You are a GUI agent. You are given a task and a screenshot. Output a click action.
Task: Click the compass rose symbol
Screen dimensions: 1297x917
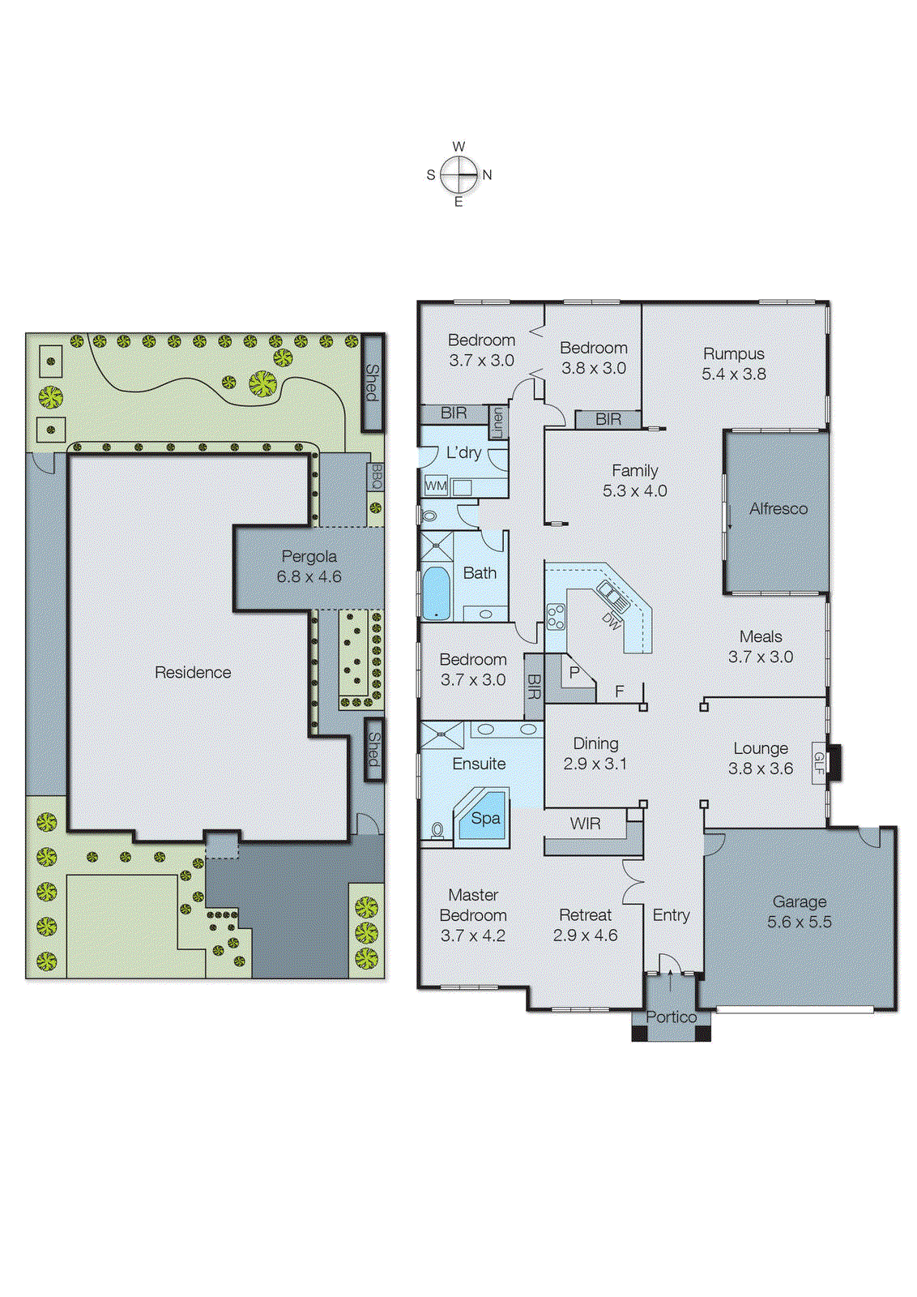[x=459, y=174]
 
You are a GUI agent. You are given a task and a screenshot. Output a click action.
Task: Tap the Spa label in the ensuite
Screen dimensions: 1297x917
[x=485, y=819]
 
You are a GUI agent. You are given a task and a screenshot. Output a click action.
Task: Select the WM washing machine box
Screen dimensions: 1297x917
[x=436, y=486]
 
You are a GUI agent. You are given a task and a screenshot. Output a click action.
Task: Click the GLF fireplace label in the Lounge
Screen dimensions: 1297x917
[x=819, y=763]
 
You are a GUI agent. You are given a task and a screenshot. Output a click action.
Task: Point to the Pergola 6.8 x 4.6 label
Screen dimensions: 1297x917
[x=309, y=567]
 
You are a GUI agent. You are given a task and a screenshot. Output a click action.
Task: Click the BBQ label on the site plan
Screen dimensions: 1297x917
[x=376, y=477]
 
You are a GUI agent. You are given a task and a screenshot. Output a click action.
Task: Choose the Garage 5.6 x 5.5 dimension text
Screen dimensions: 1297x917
[x=799, y=922]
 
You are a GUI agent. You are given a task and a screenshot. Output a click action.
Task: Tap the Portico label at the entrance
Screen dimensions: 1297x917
[x=671, y=1017]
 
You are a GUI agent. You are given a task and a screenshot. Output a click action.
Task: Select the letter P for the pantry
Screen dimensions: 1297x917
[x=574, y=673]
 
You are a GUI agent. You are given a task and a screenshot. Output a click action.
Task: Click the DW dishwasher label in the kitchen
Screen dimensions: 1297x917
[x=612, y=622]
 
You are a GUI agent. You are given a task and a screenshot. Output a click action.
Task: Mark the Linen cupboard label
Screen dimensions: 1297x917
[x=497, y=422]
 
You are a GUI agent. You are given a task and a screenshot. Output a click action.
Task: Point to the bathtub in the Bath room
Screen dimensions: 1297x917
[x=436, y=593]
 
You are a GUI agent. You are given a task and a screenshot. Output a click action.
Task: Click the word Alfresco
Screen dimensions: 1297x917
[x=778, y=509]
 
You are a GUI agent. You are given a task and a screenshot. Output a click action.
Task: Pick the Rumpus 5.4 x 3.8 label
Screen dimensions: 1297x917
[x=733, y=364]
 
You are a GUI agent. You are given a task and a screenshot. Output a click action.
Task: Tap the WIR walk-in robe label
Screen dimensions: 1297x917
[x=585, y=824]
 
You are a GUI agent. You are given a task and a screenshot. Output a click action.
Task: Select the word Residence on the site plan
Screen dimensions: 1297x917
[x=193, y=672]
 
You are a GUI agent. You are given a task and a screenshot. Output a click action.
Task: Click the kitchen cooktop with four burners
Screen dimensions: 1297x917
[x=555, y=616]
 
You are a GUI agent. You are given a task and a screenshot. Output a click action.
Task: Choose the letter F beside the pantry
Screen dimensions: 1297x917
[x=620, y=691]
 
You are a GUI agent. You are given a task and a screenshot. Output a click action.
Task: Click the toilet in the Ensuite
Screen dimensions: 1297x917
[x=437, y=830]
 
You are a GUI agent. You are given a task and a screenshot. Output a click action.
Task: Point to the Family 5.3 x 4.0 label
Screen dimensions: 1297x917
[x=634, y=481]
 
